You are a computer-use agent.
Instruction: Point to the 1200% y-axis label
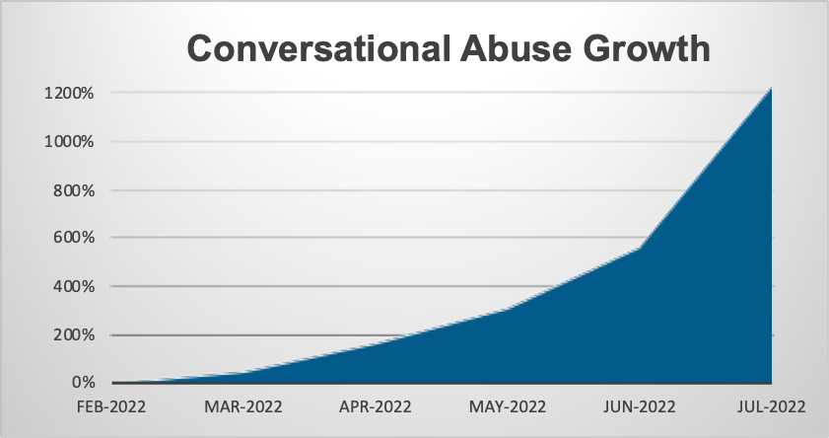click(x=70, y=94)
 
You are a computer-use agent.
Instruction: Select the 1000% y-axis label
click(x=70, y=142)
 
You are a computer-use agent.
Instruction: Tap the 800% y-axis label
click(x=74, y=190)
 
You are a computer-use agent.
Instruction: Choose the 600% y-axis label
click(x=74, y=238)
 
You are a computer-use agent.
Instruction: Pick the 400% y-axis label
click(x=74, y=286)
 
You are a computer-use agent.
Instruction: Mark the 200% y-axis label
click(x=74, y=334)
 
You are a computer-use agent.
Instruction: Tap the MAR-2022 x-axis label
click(x=244, y=406)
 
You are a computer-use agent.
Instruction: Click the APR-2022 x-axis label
click(x=377, y=406)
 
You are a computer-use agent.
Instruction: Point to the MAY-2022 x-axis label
click(x=509, y=406)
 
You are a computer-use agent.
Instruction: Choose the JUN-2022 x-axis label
click(x=640, y=406)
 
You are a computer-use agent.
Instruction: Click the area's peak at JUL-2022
click(x=770, y=89)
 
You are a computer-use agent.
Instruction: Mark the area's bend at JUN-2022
click(x=640, y=248)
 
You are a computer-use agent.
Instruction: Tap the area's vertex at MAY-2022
click(x=509, y=309)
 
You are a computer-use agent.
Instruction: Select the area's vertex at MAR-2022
click(x=244, y=372)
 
